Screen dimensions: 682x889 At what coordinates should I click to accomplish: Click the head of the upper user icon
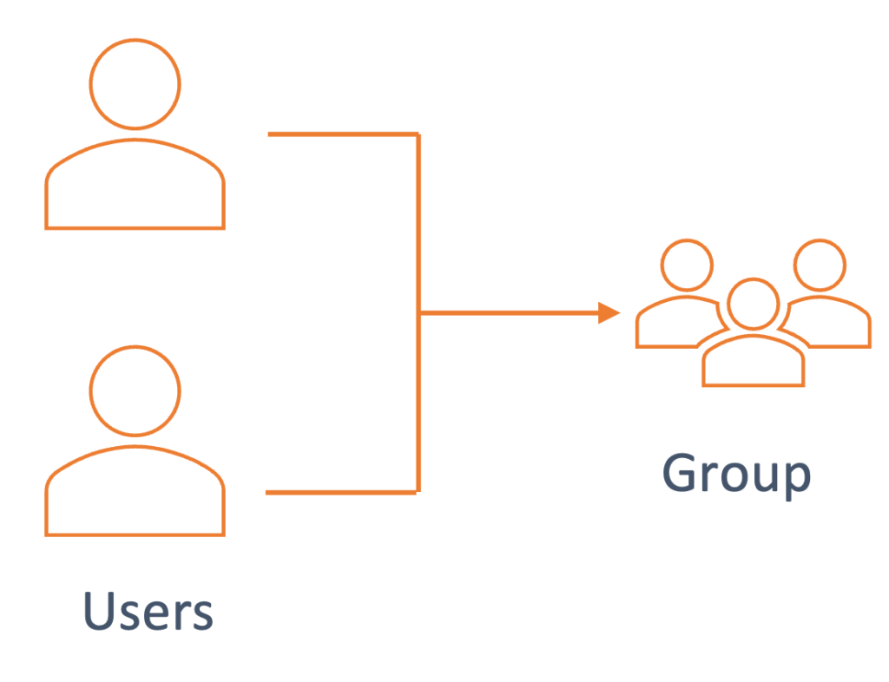coord(135,84)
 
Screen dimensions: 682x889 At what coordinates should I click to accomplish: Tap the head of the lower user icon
coord(135,390)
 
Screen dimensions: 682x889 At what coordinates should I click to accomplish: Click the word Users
coord(148,613)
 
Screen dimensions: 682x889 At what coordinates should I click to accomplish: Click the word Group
coord(737,475)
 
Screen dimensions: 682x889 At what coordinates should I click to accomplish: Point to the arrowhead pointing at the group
coord(609,312)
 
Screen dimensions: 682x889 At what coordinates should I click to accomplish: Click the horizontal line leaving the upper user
coord(343,134)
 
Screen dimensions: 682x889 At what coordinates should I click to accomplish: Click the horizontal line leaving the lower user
coord(343,492)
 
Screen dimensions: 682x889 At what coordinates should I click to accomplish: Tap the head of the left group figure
coord(686,264)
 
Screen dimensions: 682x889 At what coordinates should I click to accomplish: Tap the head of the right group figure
coord(818,264)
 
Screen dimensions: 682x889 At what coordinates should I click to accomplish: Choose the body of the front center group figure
coord(753,363)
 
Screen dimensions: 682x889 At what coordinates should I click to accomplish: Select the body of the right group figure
coord(838,325)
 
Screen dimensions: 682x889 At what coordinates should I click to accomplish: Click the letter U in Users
coord(98,611)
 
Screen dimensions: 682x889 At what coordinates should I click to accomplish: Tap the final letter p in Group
coord(797,479)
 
